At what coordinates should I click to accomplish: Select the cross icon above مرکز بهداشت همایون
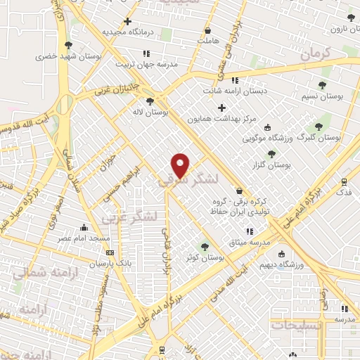coord(222,108)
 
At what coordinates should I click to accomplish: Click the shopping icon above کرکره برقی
coord(239,191)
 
